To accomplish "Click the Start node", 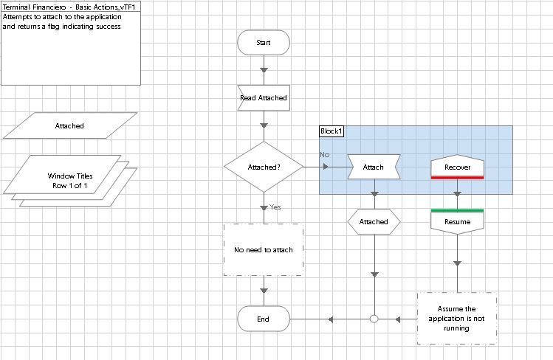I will (264, 43).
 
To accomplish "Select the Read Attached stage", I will (264, 97).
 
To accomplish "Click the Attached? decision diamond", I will (264, 167).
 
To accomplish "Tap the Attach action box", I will (374, 167).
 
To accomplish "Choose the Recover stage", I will (457, 167).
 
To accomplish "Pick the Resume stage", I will (457, 222).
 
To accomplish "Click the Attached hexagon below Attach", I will (374, 222).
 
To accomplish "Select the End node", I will (264, 319).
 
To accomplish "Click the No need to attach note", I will (264, 250).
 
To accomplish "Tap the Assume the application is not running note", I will (457, 319).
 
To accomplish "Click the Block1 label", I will (332, 131).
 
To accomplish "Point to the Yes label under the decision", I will (275, 207).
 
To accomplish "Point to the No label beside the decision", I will (325, 155).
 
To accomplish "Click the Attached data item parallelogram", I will (70, 126).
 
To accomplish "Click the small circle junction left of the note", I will (374, 319).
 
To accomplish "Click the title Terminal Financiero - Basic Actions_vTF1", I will (69, 7).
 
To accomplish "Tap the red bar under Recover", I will (457, 178).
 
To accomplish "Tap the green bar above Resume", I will (457, 211).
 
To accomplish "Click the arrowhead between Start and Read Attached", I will (264, 70).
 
